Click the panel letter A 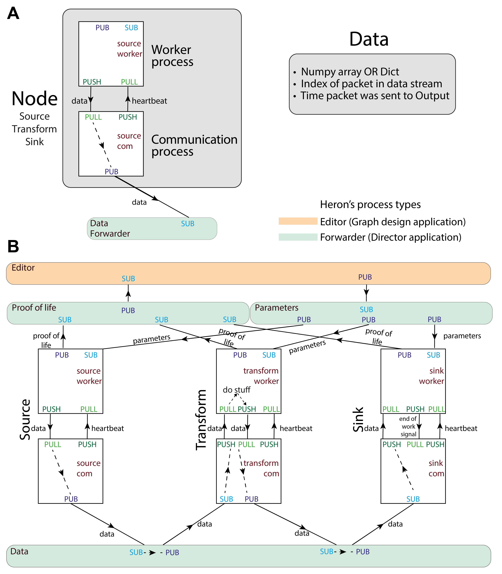pos(13,13)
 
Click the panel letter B pos(13,247)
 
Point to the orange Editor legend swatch pos(298,221)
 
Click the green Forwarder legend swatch pos(298,237)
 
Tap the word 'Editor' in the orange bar pos(23,268)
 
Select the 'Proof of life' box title pos(34,308)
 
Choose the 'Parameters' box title pos(277,308)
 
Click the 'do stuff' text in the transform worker pos(236,390)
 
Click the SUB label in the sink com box pos(413,499)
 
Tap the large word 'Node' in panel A pos(34,99)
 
